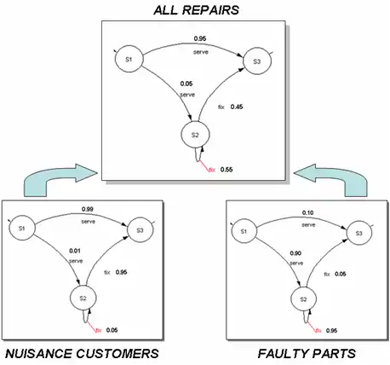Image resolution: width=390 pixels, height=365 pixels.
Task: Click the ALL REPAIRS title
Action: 194,11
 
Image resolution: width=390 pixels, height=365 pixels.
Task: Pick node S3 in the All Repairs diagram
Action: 255,60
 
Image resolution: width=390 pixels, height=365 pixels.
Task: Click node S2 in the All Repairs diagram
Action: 195,136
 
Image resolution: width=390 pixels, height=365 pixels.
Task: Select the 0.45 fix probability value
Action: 238,107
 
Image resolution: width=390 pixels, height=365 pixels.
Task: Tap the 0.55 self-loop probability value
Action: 227,170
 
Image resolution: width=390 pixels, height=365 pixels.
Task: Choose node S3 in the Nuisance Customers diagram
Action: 138,229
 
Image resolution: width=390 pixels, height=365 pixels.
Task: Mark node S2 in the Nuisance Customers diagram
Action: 82,298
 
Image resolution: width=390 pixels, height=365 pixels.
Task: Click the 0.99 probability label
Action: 87,209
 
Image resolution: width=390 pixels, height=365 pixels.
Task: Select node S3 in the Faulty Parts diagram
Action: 358,232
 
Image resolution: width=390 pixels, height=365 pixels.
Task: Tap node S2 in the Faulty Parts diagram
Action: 301,298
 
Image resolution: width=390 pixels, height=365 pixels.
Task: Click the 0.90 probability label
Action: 295,253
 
